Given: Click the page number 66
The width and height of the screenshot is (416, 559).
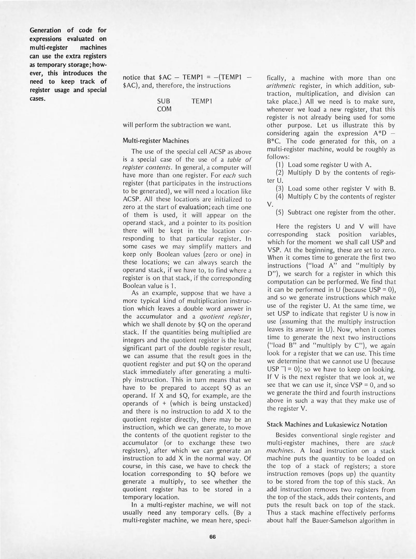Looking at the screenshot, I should (212, 536).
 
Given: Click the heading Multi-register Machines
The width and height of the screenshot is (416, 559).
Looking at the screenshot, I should (156, 141).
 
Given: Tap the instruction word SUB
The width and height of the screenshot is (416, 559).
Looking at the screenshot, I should (164, 101).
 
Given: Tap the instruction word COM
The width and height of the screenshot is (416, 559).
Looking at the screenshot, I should (164, 109).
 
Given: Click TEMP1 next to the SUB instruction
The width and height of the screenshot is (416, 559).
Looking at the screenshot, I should (202, 101).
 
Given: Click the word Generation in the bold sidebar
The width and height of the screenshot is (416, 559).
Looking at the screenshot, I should (45, 30).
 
